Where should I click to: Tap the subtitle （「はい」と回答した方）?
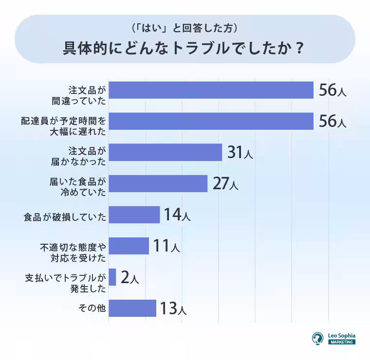click(185, 28)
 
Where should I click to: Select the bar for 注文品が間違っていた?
click(211, 90)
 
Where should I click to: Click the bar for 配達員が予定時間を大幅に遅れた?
click(211, 121)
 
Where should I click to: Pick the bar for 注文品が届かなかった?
click(165, 152)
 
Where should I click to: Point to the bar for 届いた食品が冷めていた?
click(158, 183)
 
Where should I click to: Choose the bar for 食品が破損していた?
click(134, 215)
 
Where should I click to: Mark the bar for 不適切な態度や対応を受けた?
click(129, 246)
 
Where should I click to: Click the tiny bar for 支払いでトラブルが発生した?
click(112, 277)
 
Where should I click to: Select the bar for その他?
click(132, 308)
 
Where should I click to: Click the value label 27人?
click(225, 184)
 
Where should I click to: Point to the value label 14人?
click(177, 215)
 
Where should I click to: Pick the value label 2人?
click(129, 278)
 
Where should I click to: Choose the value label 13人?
click(173, 308)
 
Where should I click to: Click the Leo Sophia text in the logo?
click(342, 335)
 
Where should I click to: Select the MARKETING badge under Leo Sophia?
click(342, 342)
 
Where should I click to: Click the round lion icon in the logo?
click(317, 339)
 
